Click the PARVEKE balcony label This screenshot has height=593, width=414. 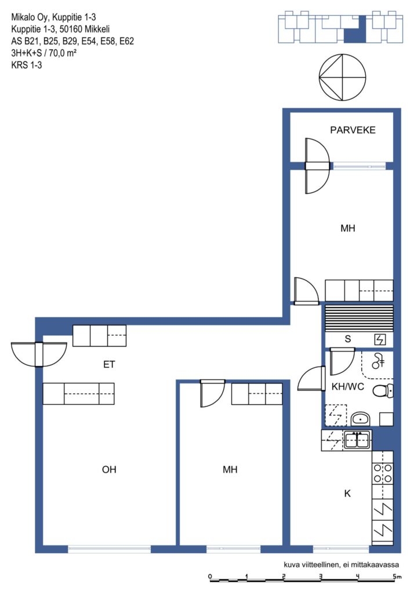pyautogui.click(x=353, y=130)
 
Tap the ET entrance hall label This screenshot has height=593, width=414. pyautogui.click(x=109, y=365)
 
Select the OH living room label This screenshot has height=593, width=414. pyautogui.click(x=109, y=469)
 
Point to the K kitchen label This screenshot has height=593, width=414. pyautogui.click(x=347, y=493)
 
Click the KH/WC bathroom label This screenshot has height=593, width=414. pyautogui.click(x=348, y=386)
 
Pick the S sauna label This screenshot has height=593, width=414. pyautogui.click(x=348, y=339)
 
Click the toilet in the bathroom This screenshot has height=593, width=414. pyautogui.click(x=383, y=390)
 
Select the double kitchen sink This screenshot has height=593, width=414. pyautogui.click(x=357, y=440)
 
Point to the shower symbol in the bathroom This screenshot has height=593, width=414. pyautogui.click(x=377, y=361)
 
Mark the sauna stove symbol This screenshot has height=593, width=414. pyautogui.click(x=380, y=339)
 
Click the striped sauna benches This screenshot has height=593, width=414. pyautogui.click(x=359, y=318)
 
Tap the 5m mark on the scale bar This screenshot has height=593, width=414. pyautogui.click(x=397, y=577)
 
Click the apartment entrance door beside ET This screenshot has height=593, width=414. pyautogui.click(x=39, y=354)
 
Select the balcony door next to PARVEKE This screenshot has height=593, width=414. pyautogui.click(x=317, y=166)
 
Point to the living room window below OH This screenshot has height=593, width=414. pyautogui.click(x=109, y=550)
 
